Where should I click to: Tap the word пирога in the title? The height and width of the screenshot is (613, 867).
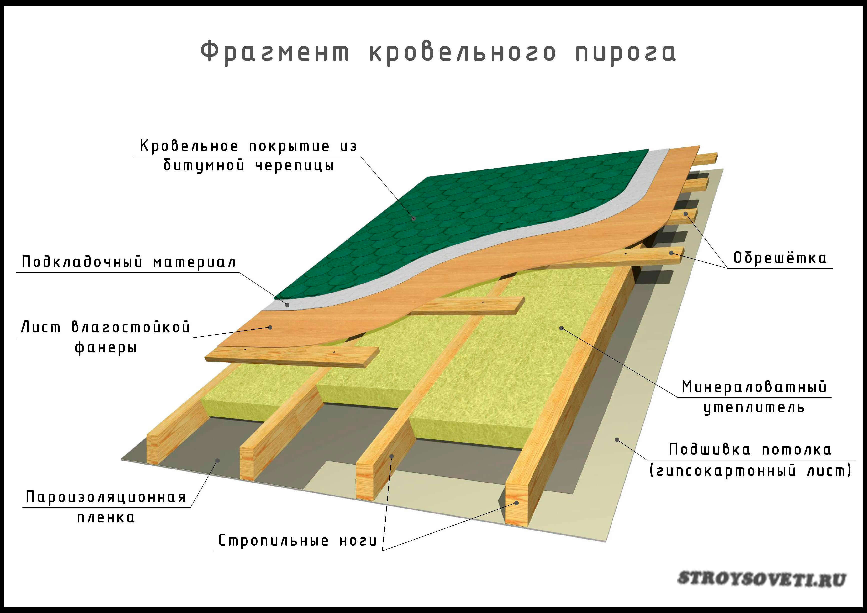625,53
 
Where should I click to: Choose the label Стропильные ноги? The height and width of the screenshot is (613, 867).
298,540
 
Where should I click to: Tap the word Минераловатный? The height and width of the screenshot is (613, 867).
754,387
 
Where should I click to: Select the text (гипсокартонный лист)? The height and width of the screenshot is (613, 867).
750,471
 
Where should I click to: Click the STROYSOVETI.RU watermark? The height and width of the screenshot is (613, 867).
761,579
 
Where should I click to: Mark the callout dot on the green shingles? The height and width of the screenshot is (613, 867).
414,218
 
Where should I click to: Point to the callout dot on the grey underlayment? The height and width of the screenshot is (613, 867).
287,305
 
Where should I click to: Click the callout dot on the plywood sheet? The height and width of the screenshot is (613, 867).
270,327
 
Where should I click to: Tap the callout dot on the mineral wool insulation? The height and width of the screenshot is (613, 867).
562,328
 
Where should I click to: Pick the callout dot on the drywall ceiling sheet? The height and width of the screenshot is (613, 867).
617,440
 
